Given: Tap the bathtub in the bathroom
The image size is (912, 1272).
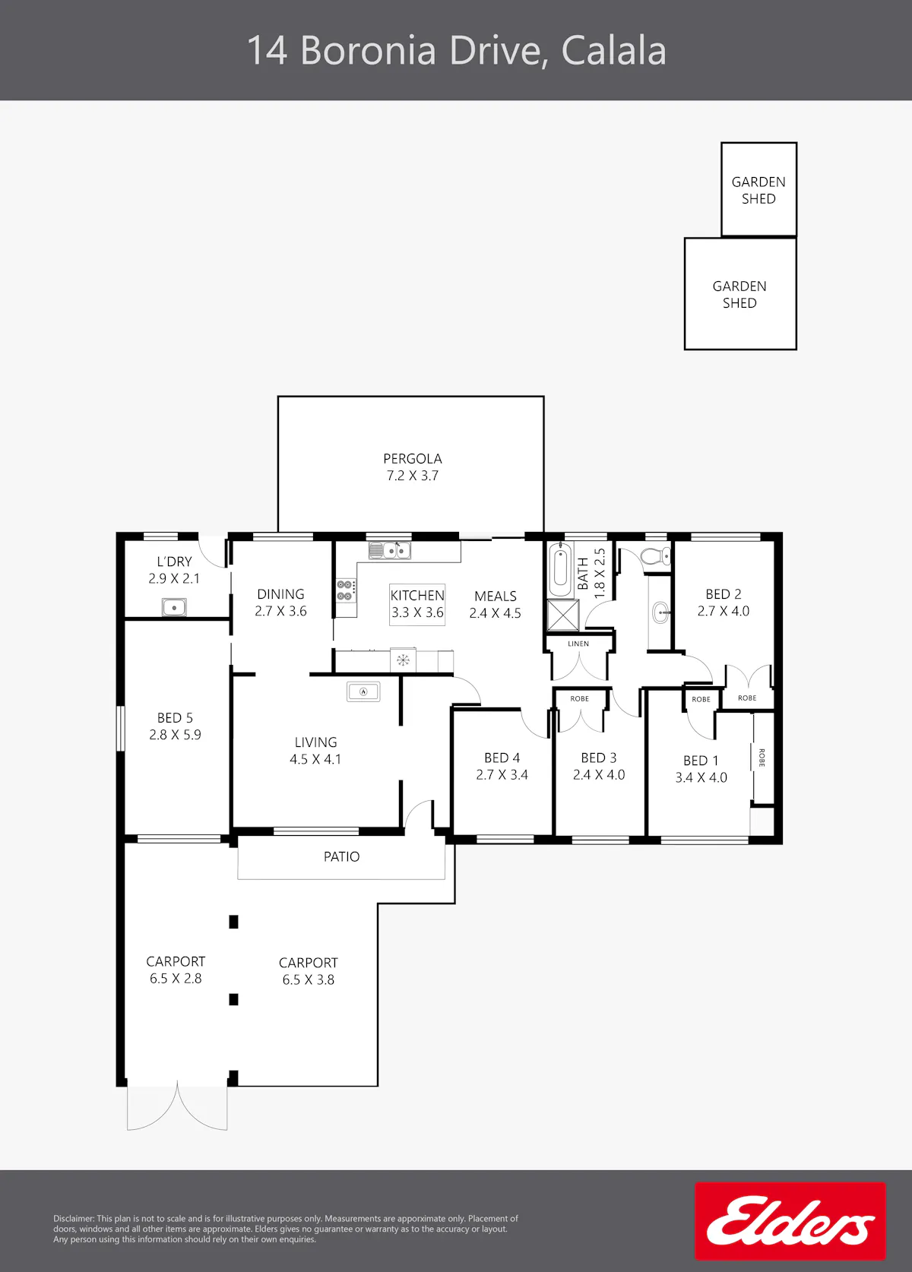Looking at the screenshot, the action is coord(560,570).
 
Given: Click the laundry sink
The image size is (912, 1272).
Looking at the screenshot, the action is coord(174,607).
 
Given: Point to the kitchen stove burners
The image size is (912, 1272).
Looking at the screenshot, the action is coord(345,590).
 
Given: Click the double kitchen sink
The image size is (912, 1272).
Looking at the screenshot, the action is coord(390,550).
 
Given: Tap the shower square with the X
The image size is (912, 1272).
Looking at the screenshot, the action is coord(563,615).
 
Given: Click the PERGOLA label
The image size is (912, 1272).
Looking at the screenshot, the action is coord(412,458).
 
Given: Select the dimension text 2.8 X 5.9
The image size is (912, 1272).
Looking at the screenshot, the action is coord(175,734).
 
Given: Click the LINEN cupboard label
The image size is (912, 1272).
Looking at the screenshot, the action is coord(578,644).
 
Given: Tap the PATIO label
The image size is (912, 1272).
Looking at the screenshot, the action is coord(341,856).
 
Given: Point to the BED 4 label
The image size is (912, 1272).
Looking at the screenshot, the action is coord(502,758).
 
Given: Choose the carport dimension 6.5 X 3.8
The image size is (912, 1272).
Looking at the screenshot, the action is coord(309,979).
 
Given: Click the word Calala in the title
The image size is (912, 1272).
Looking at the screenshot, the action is coord(613,51).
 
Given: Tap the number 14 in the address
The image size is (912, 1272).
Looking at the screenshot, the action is coord(268,51).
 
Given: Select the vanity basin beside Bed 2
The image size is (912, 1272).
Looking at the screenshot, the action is coord(661,612).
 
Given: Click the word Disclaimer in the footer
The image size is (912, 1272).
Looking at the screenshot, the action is coord(74,1218).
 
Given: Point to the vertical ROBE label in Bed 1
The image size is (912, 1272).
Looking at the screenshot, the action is coord(762,758).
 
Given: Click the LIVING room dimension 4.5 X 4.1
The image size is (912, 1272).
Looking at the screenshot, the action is coord(315,759).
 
